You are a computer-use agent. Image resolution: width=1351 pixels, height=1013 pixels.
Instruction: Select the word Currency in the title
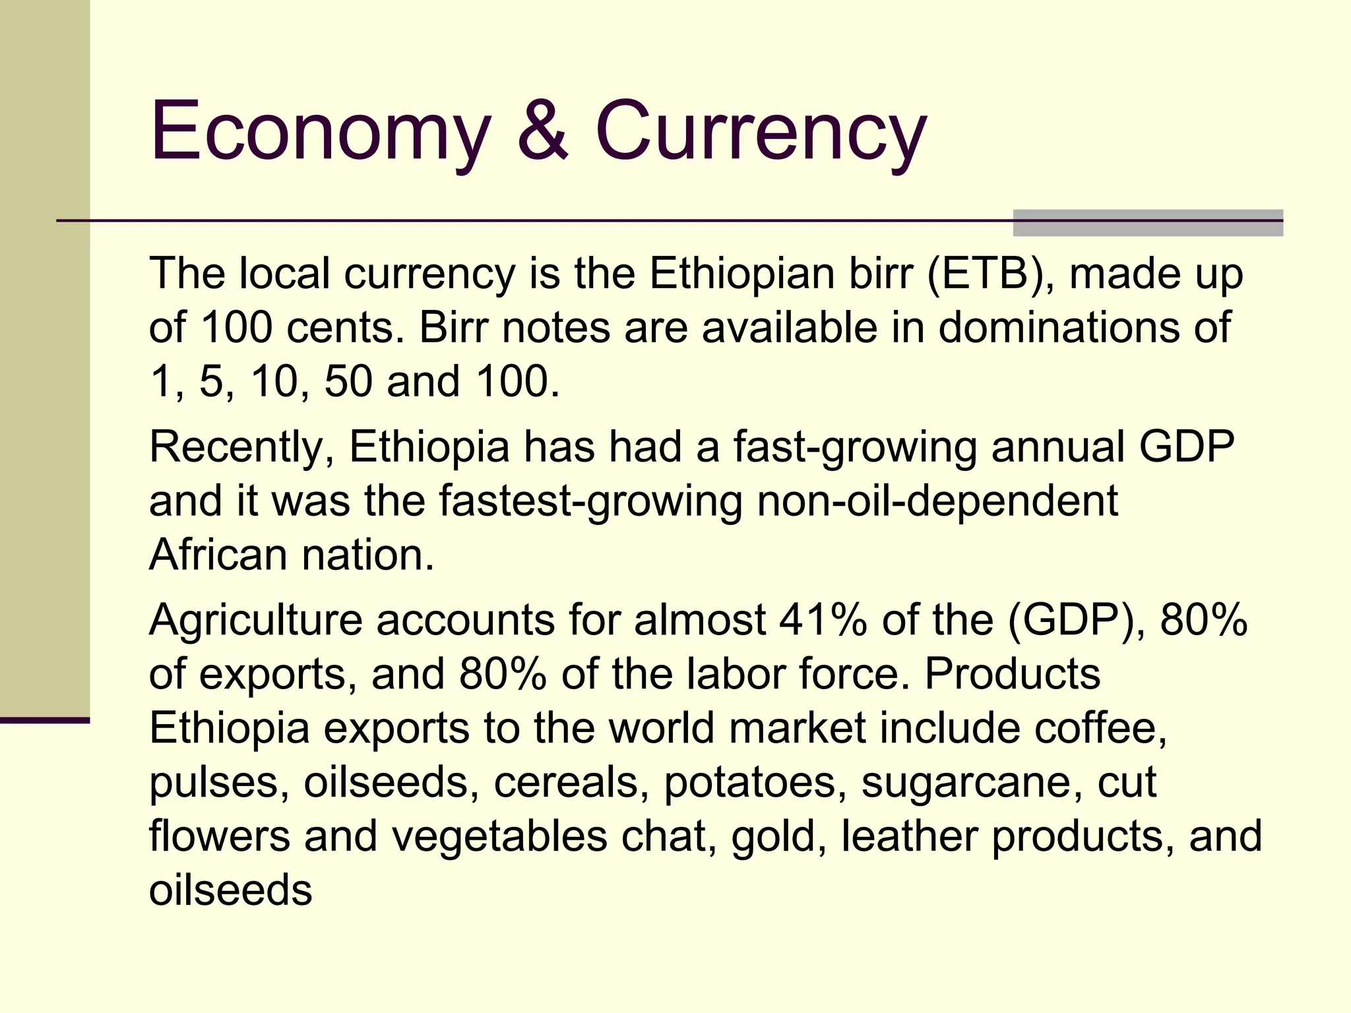(x=761, y=132)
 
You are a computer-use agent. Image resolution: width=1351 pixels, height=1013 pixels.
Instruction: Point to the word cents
(x=346, y=327)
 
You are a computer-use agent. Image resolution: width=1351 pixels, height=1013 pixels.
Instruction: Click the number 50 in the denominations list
(x=348, y=381)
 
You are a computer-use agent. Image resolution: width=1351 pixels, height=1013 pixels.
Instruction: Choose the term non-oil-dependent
(x=937, y=501)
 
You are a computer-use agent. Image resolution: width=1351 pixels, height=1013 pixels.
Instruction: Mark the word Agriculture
(x=256, y=621)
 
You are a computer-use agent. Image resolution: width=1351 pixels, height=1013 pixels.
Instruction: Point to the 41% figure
(x=823, y=621)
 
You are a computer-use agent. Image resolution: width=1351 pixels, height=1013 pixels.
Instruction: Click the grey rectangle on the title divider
(x=1148, y=223)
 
